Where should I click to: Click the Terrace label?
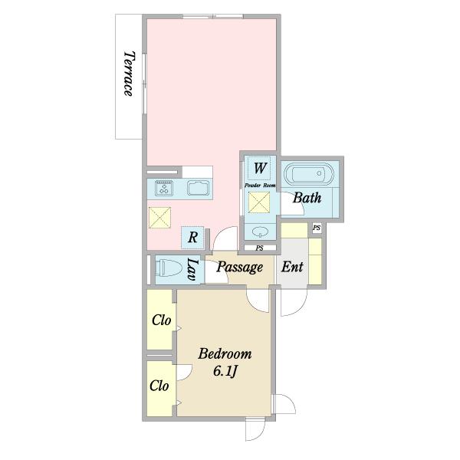coord(129,74)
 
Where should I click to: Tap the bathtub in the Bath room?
coord(309,174)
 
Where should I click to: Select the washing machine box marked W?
coord(259,168)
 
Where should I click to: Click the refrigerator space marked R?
coord(192,238)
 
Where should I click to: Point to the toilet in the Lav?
coord(167,268)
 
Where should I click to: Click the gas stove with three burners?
coord(164,188)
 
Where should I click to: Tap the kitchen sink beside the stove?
coord(199,188)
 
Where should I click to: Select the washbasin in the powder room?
coord(260,232)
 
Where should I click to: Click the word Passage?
coord(240,268)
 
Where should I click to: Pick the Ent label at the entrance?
coord(292,267)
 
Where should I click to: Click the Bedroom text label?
coord(225,353)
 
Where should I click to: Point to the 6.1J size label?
coord(225,372)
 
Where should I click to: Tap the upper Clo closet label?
coord(161,320)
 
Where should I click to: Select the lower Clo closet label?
coord(159,386)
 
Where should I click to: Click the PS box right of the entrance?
coord(317,228)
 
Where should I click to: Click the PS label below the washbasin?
coord(259,248)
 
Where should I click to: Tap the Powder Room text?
coord(260,186)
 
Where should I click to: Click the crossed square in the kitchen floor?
coord(159,218)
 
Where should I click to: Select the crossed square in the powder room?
coord(259,202)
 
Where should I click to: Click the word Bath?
coord(307,198)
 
